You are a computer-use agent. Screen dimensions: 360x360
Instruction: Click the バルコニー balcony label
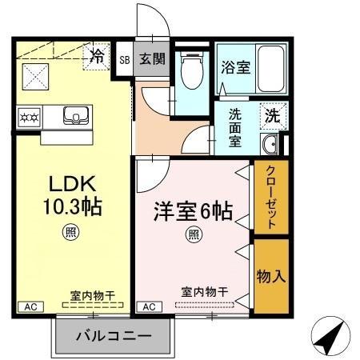(113, 336)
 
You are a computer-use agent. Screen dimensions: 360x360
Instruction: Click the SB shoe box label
(125, 59)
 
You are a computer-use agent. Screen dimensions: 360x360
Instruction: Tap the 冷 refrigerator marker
(97, 56)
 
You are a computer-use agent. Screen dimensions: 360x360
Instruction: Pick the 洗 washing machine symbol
(272, 114)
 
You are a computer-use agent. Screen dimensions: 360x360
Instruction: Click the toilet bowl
(190, 74)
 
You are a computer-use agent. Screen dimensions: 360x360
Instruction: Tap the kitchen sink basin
(77, 118)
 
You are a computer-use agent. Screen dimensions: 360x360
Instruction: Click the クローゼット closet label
(271, 198)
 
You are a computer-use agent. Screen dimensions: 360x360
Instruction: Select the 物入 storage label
(270, 275)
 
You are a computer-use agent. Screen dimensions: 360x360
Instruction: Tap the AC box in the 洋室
(149, 306)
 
